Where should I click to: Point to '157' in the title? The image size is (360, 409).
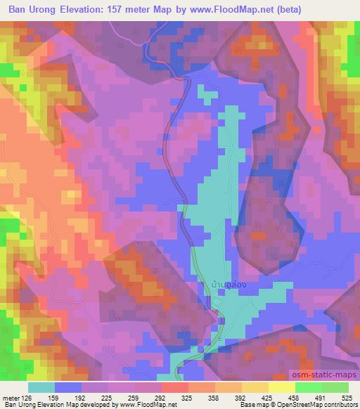136,10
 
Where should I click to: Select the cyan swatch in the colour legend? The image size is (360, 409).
42,387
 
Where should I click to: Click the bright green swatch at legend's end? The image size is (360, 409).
335,387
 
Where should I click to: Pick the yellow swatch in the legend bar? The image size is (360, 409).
281,387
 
